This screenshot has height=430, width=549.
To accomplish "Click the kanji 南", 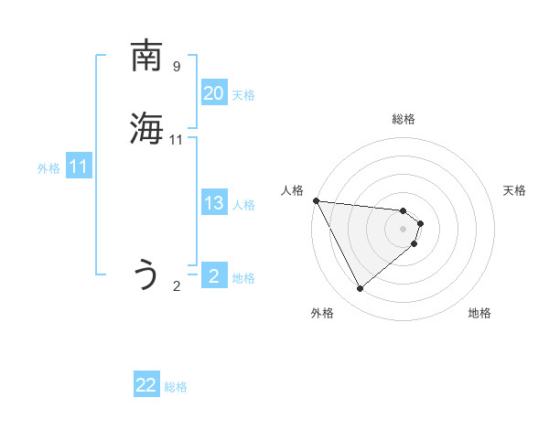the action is point(146,57).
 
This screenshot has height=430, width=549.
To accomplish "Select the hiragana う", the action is point(146,274).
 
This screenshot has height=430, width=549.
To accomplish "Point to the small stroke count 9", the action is point(177,67).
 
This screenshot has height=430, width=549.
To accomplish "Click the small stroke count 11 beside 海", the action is point(177,140).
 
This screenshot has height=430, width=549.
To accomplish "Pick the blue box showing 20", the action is point(213,93).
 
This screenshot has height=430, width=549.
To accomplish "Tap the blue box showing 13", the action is point(213,203).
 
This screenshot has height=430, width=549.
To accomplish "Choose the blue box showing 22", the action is point(146,385).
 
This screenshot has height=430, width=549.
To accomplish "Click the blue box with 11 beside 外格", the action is point(78,167).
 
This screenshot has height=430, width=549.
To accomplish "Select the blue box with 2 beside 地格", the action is point(213,276).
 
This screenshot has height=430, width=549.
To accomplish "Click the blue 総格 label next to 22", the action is point(176,387).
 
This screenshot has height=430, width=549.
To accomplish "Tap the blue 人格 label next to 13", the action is point(243,205).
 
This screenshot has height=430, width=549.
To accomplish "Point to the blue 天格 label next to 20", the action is point(243,95).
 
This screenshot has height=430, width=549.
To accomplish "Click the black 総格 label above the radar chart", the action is point(404,119).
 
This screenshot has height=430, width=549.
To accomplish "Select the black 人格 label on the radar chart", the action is point(293,190).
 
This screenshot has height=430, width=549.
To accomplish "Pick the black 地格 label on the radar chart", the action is point(479,313).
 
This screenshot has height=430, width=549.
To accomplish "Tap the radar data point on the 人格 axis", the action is point(316,200).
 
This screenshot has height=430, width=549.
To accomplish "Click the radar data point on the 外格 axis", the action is point(360,289).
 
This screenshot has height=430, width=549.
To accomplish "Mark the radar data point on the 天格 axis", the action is point(421,222).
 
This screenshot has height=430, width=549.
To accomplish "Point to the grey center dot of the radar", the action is point(404,228).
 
